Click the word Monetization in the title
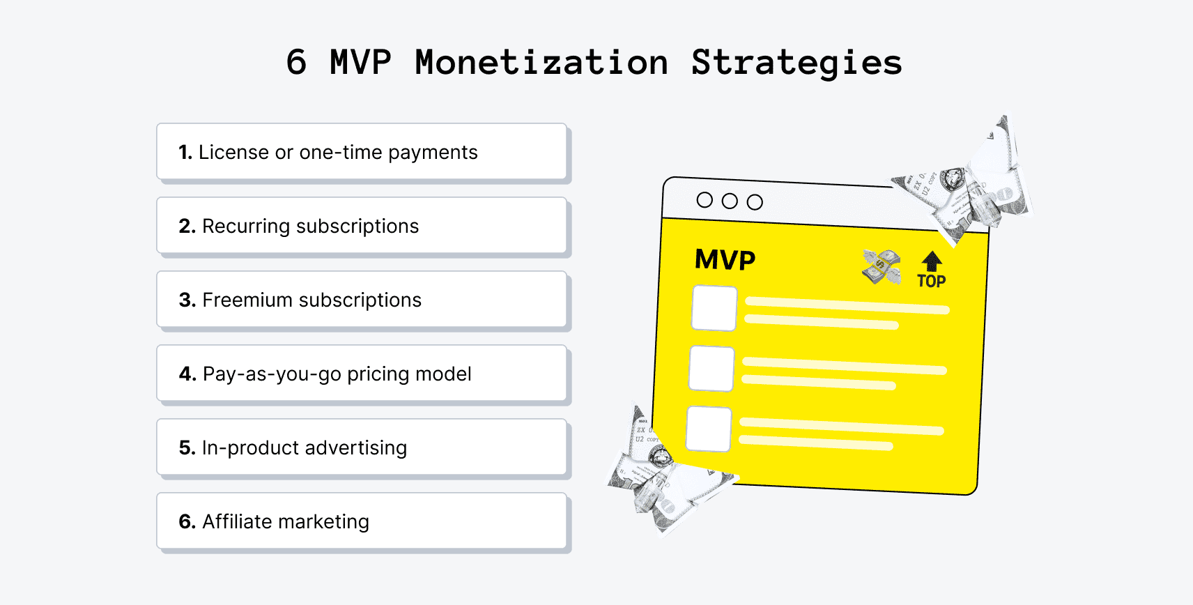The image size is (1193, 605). pyautogui.click(x=541, y=63)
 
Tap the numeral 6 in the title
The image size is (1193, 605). pyautogui.click(x=296, y=63)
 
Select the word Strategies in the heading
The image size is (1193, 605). pyautogui.click(x=796, y=63)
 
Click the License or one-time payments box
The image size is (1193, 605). pyautogui.click(x=362, y=152)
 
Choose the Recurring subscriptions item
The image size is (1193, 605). pyautogui.click(x=362, y=226)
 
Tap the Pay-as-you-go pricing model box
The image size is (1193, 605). pyautogui.click(x=362, y=374)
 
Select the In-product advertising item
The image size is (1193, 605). pyautogui.click(x=362, y=447)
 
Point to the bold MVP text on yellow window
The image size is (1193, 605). pyautogui.click(x=725, y=260)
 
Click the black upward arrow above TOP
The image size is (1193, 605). pyautogui.click(x=932, y=261)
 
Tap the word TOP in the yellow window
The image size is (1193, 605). pyautogui.click(x=931, y=282)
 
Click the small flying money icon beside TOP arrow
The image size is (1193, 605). pyautogui.click(x=882, y=267)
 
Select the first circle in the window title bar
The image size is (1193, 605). pyautogui.click(x=705, y=200)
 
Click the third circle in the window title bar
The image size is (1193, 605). pyautogui.click(x=755, y=202)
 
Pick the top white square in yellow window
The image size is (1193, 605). pyautogui.click(x=714, y=308)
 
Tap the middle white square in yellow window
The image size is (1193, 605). pyautogui.click(x=711, y=369)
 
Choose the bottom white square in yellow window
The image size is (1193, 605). pyautogui.click(x=709, y=429)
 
